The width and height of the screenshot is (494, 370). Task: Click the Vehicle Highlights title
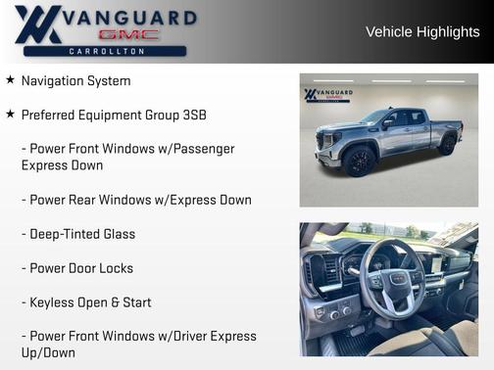(x=422, y=31)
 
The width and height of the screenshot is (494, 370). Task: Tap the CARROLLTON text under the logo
(x=107, y=50)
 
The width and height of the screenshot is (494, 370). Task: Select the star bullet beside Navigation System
(x=10, y=80)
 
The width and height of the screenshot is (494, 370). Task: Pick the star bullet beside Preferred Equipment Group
(x=10, y=115)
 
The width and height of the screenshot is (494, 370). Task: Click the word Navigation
(x=57, y=80)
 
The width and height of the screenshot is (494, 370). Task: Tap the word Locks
(x=115, y=268)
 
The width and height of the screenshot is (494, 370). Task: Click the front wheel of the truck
(x=360, y=161)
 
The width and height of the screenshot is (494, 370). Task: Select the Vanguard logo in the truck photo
(x=328, y=96)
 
